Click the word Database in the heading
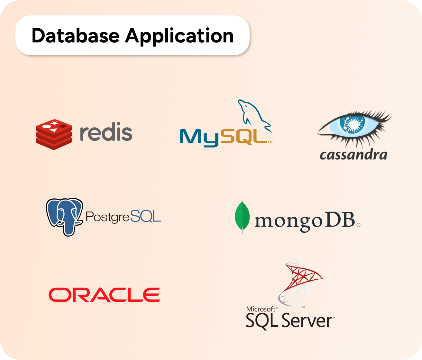pos(75,36)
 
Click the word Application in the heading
pos(179,36)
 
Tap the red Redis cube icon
pos(54,134)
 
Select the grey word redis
pos(106,132)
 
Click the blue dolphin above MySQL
pos(254,116)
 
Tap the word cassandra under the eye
pos(353,155)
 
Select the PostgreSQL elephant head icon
pos(64,216)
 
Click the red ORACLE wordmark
pos(104,295)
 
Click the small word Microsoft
pos(261,309)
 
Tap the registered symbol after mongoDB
pos(358,225)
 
